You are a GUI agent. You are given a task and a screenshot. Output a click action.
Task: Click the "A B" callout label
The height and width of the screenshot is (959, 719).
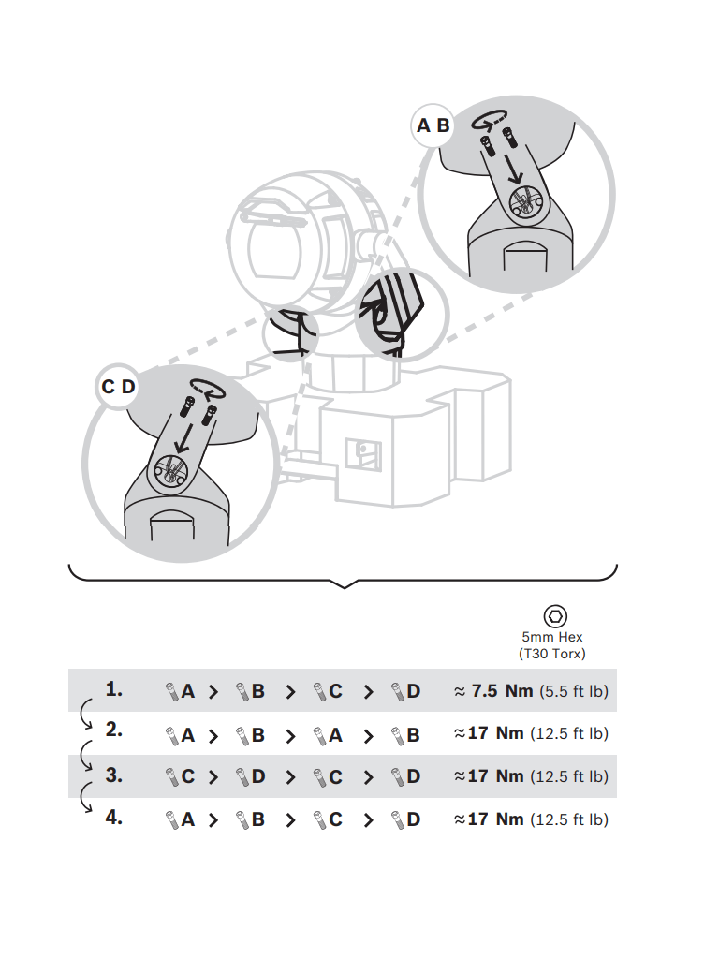(433, 125)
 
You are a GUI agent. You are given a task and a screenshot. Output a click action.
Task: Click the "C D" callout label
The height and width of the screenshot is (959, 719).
(119, 387)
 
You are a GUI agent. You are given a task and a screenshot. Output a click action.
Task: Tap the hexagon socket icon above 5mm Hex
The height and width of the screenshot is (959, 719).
(555, 615)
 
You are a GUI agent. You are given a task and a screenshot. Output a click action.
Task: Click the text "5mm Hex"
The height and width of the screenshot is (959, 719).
(552, 637)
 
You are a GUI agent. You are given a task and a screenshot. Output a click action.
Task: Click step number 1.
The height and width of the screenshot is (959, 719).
(114, 690)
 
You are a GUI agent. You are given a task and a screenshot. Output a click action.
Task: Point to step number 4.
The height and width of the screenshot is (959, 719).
(114, 818)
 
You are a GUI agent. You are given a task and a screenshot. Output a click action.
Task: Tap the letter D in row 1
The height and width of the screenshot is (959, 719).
(414, 692)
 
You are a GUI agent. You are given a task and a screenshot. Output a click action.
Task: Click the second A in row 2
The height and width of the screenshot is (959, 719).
(335, 735)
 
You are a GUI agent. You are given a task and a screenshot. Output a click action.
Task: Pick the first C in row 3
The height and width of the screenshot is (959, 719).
(187, 776)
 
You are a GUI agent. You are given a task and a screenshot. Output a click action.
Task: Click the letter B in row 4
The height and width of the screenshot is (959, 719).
(258, 819)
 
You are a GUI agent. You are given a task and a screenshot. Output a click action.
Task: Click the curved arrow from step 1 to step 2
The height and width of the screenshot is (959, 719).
(86, 716)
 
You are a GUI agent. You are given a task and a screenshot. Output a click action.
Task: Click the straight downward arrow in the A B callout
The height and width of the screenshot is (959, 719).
(511, 169)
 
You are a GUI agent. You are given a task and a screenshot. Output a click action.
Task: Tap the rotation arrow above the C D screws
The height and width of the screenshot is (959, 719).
(206, 384)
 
